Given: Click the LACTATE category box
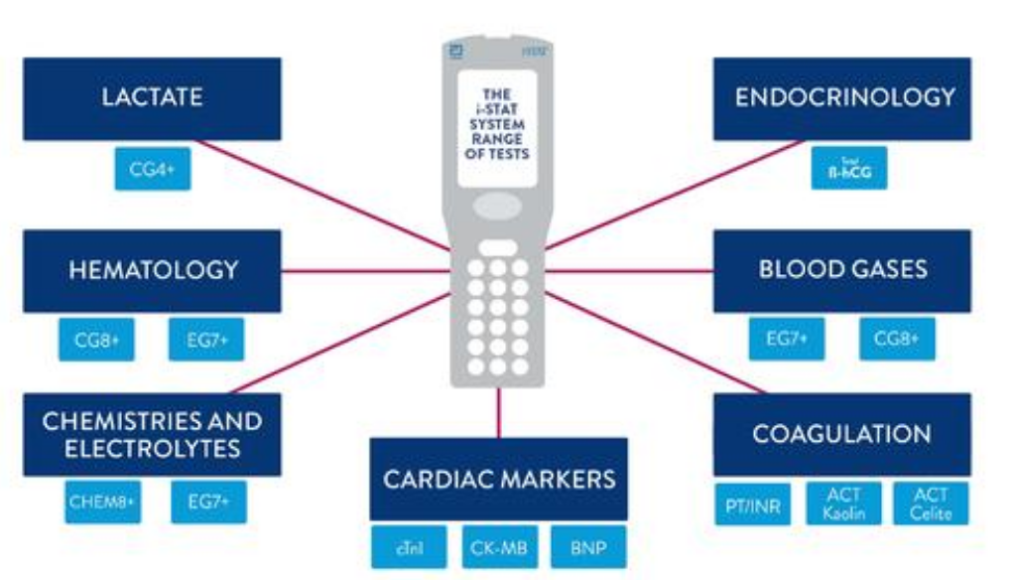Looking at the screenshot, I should [x=152, y=98].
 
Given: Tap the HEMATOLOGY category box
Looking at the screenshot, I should [x=152, y=270].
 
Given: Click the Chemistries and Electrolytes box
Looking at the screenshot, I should [x=152, y=434].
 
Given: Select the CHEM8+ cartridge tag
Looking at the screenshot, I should [x=97, y=503].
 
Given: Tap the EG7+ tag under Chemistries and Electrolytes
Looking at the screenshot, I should [x=207, y=503].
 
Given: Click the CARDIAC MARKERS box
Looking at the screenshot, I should [x=498, y=479].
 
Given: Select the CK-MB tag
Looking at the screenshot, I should [x=498, y=547].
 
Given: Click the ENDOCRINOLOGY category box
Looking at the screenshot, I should [x=842, y=97].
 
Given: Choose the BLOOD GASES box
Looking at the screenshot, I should [x=842, y=270].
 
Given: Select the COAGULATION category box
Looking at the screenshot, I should [x=842, y=434].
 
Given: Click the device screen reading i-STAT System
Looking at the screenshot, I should [x=498, y=128].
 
